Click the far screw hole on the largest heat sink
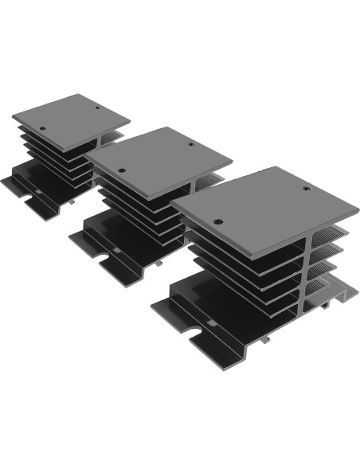point(307,189)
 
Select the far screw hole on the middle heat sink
point(190,145)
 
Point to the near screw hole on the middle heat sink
point(121,170)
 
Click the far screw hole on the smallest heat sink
point(98,109)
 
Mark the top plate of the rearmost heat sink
point(72,117)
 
